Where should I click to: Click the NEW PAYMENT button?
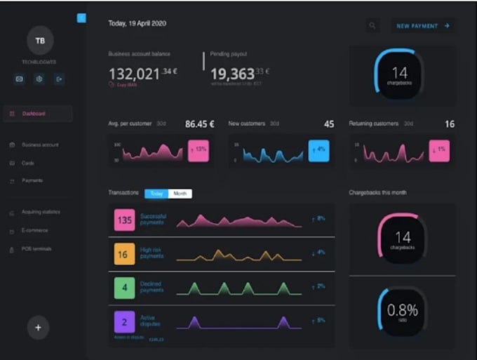click(x=422, y=26)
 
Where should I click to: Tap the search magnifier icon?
click(x=372, y=26)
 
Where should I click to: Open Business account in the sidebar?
click(x=40, y=145)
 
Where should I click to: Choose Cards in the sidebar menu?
click(x=28, y=163)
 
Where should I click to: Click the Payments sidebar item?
click(x=32, y=180)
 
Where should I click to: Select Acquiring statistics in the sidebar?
click(x=41, y=212)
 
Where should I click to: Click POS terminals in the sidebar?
click(x=36, y=248)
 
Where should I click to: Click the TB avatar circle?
click(x=40, y=41)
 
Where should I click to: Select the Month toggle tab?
click(x=180, y=193)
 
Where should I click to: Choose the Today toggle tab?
click(x=156, y=193)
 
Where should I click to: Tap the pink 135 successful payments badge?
click(x=124, y=220)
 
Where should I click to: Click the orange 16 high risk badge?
click(x=124, y=255)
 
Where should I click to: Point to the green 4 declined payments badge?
click(x=124, y=288)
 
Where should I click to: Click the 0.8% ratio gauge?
click(x=403, y=309)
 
